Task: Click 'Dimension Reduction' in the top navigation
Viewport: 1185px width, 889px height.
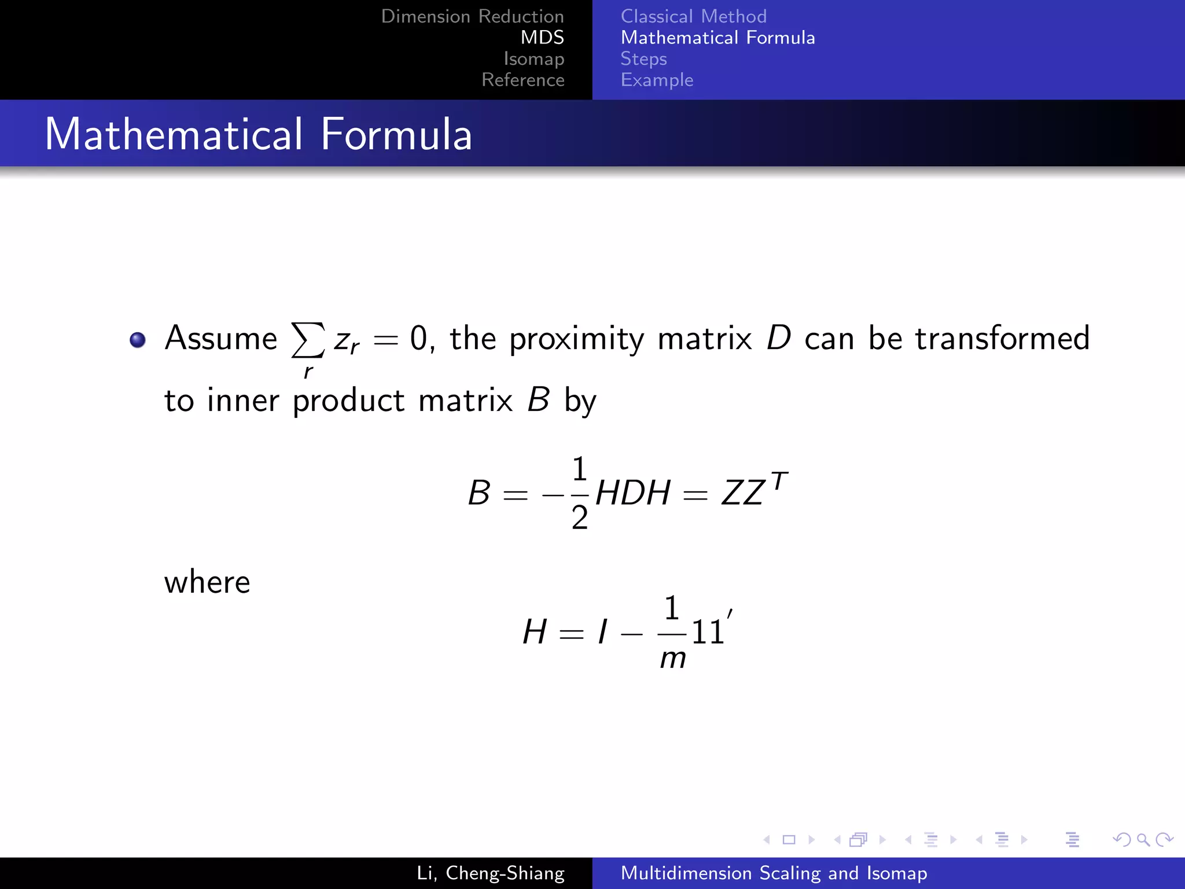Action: tap(472, 16)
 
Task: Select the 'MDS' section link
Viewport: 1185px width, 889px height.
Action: tap(542, 38)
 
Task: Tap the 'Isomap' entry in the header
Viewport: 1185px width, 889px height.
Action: tap(533, 58)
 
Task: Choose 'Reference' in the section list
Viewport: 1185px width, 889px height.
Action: tap(522, 80)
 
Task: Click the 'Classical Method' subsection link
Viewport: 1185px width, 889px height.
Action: tap(693, 16)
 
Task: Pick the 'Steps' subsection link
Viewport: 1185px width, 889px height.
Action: tap(643, 58)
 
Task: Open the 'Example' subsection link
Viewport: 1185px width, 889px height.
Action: tap(657, 80)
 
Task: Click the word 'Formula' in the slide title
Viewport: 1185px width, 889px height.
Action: tap(396, 134)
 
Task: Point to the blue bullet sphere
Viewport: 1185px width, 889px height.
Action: tap(138, 340)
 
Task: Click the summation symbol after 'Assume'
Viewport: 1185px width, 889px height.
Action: tap(307, 340)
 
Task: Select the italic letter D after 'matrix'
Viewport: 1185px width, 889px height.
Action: tap(779, 338)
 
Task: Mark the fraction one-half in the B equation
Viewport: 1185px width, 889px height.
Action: tap(579, 493)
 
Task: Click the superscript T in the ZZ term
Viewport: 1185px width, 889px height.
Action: tap(779, 480)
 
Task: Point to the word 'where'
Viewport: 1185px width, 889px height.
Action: tap(207, 582)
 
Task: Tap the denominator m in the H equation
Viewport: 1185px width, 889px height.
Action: tap(673, 659)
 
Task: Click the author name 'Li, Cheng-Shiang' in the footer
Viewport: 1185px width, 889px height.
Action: tap(490, 873)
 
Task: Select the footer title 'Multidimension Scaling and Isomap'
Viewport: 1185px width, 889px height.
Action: tap(774, 873)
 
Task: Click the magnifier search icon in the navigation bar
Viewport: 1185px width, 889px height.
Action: tap(1143, 839)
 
